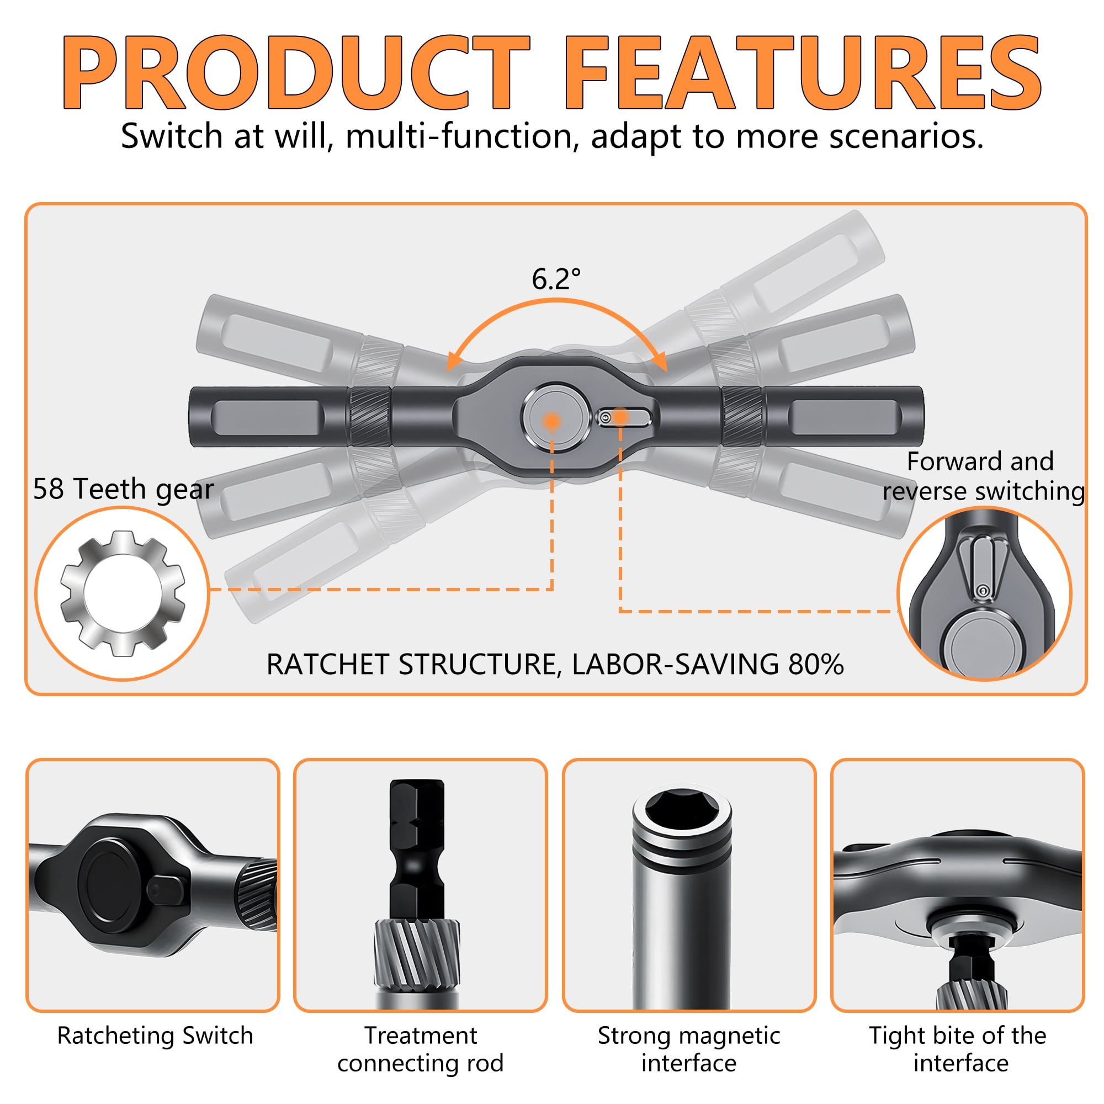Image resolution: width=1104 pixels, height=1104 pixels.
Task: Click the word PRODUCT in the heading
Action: point(296,72)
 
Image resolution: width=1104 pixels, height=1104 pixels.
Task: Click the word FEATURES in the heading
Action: point(802,72)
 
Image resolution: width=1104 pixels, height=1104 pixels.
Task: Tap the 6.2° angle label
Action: point(556,279)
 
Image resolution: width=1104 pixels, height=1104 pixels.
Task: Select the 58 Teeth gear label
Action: point(124,489)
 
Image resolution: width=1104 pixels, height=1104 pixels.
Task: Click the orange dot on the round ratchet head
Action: point(551,421)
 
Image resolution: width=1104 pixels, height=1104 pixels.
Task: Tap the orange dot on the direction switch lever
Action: point(620,418)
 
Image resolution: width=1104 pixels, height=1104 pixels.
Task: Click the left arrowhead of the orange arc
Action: point(454,361)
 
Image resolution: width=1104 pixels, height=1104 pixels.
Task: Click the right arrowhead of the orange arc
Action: point(659,361)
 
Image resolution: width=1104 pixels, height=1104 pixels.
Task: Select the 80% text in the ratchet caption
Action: point(816,664)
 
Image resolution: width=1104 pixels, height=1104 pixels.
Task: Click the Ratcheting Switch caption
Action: point(155,1036)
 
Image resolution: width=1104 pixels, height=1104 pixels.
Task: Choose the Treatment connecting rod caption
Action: point(421,1049)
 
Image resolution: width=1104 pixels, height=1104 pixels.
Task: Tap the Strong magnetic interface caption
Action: point(689,1049)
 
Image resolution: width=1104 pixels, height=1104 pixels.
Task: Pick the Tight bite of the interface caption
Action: point(958,1049)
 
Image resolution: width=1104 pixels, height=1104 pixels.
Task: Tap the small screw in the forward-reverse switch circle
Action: point(983,590)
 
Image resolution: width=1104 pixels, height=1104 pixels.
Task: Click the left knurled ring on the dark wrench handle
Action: point(370,417)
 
